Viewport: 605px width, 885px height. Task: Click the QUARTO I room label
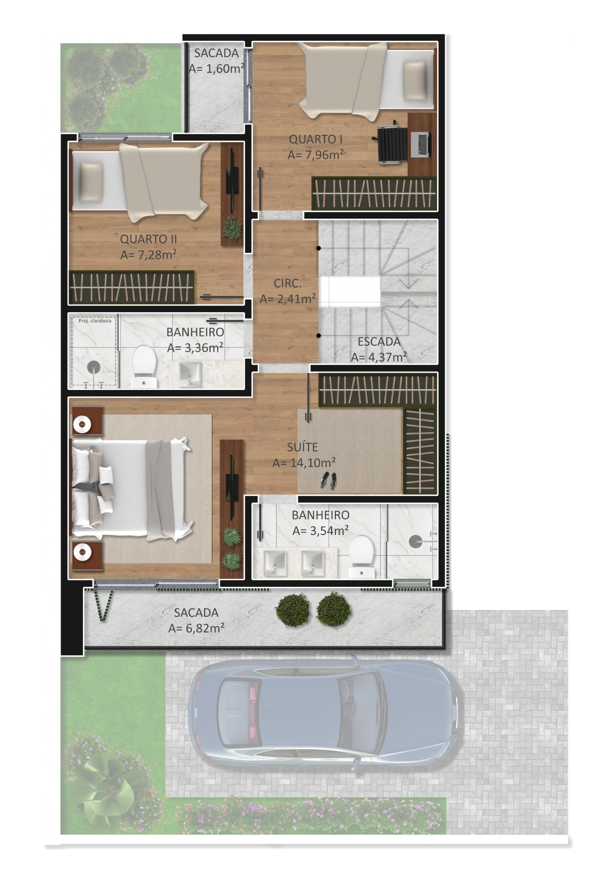point(316,139)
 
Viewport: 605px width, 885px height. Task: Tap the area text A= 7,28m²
point(148,255)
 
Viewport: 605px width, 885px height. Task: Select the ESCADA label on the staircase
point(379,341)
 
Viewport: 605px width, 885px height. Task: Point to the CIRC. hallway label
point(288,283)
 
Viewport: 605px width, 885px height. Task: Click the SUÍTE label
point(302,447)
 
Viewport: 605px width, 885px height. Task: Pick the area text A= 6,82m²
point(196,628)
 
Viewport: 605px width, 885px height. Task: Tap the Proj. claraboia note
point(95,321)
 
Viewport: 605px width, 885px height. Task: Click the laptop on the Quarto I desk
point(421,144)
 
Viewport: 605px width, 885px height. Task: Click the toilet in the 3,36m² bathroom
point(144,367)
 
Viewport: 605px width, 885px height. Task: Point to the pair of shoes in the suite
point(328,480)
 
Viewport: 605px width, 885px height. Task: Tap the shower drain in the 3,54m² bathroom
point(416,541)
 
